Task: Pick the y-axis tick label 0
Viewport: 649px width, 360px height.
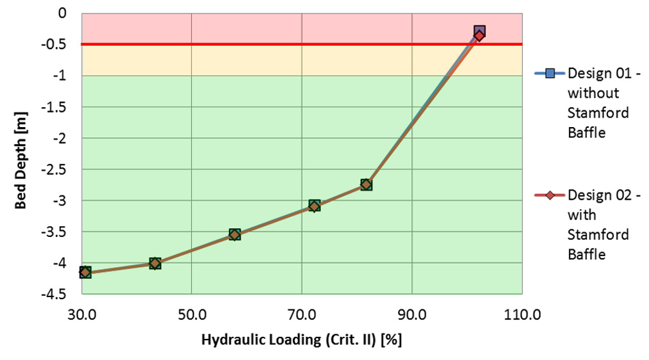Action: (63, 13)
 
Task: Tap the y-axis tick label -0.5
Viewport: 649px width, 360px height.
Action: (56, 44)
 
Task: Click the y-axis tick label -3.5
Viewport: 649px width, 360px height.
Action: (56, 232)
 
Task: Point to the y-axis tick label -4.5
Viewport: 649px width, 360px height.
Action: (56, 294)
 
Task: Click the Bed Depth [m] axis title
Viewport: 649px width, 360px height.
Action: (21, 154)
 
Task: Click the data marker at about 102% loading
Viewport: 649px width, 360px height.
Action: (480, 33)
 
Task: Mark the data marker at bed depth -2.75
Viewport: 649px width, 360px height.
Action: (366, 184)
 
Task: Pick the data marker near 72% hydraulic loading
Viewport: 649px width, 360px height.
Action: (314, 206)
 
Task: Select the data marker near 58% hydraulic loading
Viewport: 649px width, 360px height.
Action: (235, 234)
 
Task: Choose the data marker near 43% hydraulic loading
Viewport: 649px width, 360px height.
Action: (155, 263)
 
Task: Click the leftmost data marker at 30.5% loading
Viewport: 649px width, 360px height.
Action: (85, 272)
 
